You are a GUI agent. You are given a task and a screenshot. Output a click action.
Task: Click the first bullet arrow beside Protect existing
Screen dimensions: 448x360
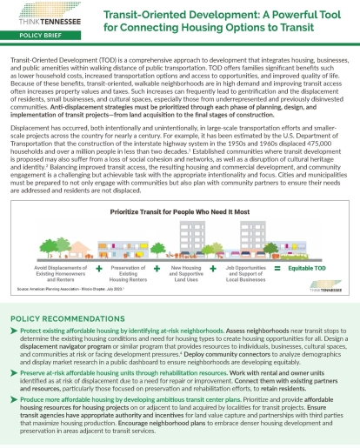(x=13, y=331)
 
